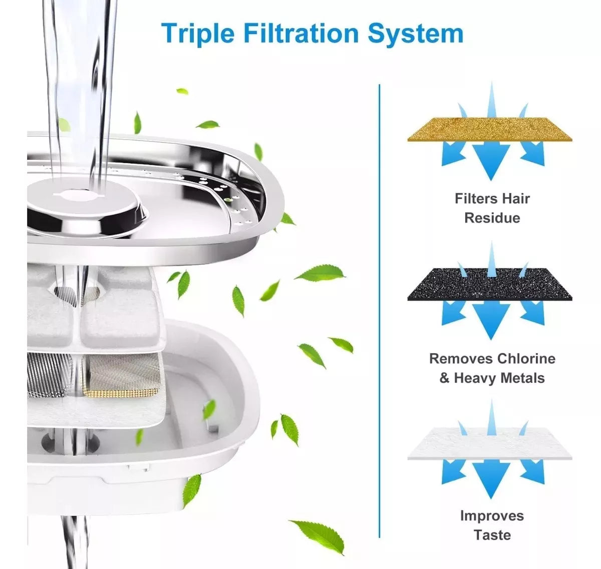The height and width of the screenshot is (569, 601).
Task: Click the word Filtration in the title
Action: [x=301, y=33]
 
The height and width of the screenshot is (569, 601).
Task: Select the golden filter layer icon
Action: [x=490, y=129]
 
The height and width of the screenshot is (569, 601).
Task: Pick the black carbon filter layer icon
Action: [x=490, y=284]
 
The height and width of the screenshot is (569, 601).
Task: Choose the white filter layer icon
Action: [x=490, y=443]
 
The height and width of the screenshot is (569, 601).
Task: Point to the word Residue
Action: [x=492, y=218]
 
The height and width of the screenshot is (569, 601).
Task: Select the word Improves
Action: [x=492, y=516]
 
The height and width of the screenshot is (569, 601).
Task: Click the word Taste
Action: [x=492, y=535]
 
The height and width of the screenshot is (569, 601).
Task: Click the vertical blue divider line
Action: [x=379, y=310]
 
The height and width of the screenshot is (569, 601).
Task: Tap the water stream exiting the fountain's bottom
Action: [x=75, y=541]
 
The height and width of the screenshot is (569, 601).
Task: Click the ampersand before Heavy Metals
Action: [x=444, y=378]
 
